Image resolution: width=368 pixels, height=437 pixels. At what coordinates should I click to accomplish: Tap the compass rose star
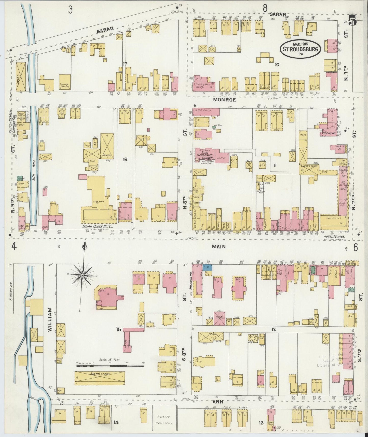(83, 276)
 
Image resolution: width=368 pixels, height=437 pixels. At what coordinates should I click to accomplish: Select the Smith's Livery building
(100, 378)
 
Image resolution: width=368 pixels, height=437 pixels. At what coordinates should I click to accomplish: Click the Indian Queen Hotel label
(98, 226)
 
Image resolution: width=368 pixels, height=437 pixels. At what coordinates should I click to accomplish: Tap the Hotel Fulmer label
(332, 236)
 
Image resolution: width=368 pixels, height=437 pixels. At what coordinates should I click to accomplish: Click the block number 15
(118, 329)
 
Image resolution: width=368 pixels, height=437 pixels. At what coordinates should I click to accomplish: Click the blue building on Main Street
(207, 267)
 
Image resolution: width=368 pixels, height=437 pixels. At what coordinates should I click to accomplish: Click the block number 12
(273, 329)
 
